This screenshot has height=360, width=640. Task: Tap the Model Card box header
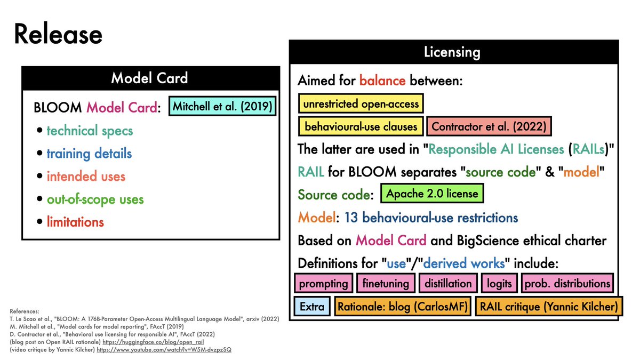point(150,78)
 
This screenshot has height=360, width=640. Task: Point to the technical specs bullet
point(90,131)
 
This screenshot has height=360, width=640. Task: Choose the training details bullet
point(89,154)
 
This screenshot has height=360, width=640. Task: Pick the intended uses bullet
point(86,177)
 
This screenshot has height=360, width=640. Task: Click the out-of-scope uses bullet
point(95,199)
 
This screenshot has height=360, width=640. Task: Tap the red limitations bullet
point(75,222)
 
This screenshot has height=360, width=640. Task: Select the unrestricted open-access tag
point(361,103)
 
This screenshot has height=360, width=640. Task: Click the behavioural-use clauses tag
point(361,127)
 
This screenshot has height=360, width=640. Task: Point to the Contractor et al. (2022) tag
point(489,127)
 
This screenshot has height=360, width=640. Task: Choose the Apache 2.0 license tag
point(432,193)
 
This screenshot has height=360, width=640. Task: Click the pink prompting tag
point(324,283)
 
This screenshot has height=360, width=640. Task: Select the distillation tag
point(448,283)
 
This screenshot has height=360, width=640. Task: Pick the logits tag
point(499,283)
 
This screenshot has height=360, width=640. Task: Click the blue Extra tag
point(312,307)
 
